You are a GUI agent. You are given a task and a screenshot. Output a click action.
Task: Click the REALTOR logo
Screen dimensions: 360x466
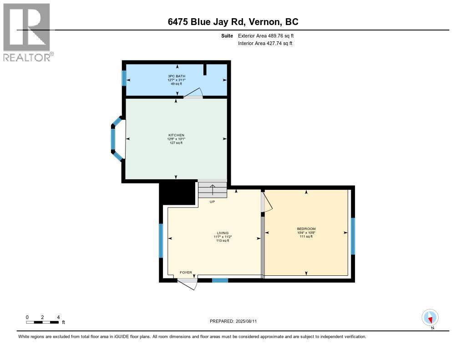click(27, 32)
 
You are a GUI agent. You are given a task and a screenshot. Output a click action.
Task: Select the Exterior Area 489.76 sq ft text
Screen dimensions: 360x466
click(269, 35)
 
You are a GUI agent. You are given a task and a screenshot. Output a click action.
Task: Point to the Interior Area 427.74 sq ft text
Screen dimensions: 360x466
click(265, 43)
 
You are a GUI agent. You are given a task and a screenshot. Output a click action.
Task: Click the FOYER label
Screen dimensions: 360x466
click(186, 273)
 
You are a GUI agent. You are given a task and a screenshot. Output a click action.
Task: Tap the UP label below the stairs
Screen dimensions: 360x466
click(212, 202)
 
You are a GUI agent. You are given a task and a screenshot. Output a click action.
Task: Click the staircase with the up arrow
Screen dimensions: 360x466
click(212, 190)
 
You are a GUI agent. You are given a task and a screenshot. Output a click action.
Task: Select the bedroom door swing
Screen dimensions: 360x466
click(266, 204)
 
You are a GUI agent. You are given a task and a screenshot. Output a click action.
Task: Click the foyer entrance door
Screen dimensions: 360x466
click(187, 283)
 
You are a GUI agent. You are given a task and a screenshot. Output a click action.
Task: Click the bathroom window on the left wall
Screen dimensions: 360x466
click(124, 78)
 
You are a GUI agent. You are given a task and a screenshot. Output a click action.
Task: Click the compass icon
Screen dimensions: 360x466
click(430, 317)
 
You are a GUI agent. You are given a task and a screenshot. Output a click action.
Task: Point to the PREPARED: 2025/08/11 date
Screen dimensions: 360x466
click(236, 321)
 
